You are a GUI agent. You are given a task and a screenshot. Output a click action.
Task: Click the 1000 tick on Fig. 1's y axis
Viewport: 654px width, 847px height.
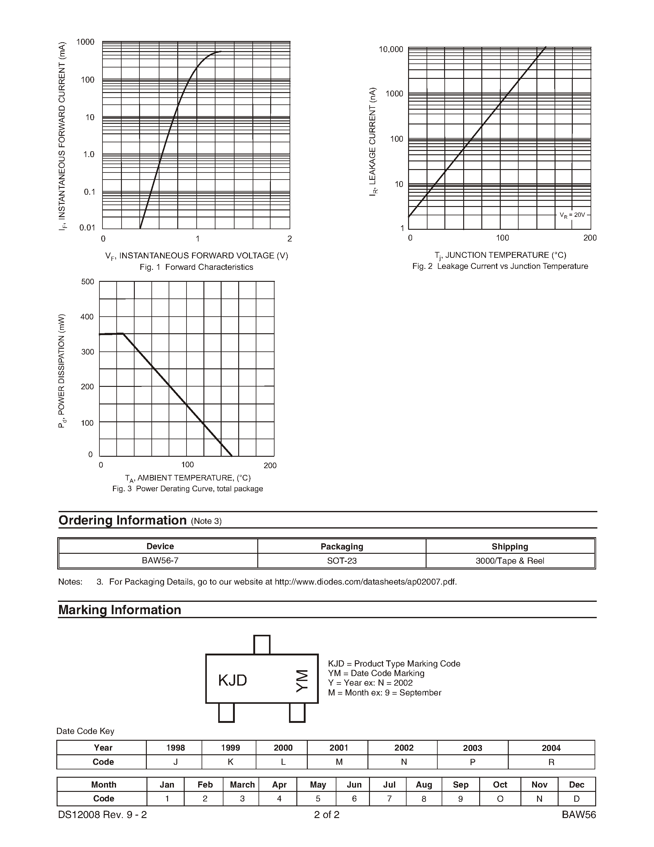coord(85,42)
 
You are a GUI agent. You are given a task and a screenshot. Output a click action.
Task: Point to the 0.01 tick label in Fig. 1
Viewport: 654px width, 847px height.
coord(87,228)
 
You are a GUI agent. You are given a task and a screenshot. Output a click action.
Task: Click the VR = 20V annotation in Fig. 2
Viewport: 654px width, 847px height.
coord(572,215)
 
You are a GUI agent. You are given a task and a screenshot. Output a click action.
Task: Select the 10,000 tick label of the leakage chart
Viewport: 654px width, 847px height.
coord(391,49)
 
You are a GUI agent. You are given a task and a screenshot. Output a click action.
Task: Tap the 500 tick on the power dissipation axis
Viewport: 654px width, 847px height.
coord(88,282)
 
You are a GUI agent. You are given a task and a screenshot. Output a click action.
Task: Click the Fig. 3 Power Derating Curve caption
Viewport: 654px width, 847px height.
coord(187,489)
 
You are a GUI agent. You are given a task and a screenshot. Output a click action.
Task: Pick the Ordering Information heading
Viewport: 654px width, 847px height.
coord(122,520)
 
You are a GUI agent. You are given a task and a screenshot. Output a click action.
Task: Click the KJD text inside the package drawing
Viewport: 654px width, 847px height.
coord(232,680)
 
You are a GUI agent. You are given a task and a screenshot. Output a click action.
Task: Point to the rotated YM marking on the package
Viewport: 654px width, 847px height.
coord(302,681)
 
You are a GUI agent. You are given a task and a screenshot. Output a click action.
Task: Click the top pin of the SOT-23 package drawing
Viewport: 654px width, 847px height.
coord(262,645)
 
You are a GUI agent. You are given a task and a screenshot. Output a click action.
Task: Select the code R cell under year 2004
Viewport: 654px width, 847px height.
coord(551,762)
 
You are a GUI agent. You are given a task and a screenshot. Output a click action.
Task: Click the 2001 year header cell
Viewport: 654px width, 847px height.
coord(339,748)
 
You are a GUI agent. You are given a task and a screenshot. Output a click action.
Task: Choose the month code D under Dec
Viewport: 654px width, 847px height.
coord(576,799)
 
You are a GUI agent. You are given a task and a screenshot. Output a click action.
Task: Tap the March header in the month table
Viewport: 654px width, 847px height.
coord(242,784)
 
